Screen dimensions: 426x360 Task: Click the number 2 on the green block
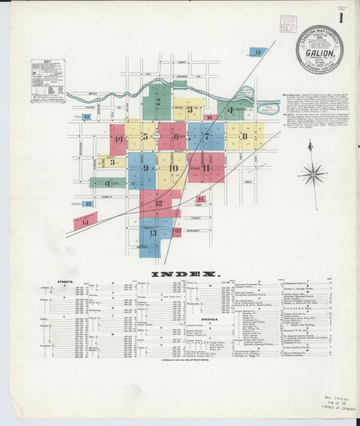(x=158, y=103)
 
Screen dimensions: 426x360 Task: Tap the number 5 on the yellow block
(x=145, y=137)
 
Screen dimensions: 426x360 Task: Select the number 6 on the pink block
(x=176, y=137)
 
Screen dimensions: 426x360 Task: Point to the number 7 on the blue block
(x=206, y=136)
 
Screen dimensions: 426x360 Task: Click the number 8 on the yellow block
(x=244, y=136)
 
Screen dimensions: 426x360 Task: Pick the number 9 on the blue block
(x=145, y=167)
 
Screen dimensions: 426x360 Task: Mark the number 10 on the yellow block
(x=174, y=168)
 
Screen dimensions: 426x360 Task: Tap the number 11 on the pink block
(x=206, y=167)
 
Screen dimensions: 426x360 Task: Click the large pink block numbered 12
(x=159, y=203)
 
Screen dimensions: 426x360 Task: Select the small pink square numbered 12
(x=176, y=231)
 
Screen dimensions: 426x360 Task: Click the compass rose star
(x=313, y=174)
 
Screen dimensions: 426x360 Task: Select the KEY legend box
(x=48, y=81)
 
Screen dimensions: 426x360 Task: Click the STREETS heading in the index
(x=58, y=282)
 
